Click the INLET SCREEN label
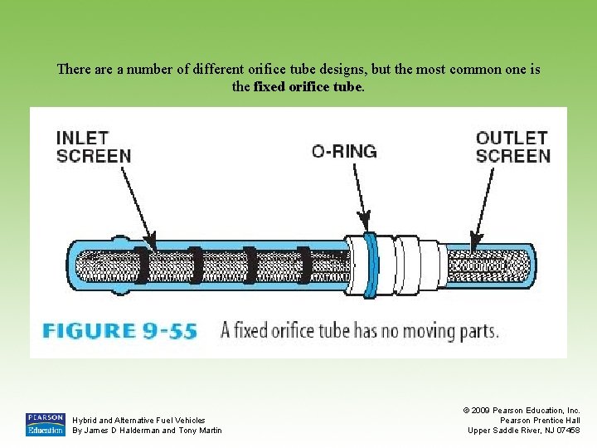point(94,147)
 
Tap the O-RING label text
point(343,151)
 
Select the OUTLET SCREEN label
point(512,147)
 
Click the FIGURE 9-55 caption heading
point(120,331)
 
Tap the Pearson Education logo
point(45,424)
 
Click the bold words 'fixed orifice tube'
point(308,86)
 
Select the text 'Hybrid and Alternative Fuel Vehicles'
point(139,421)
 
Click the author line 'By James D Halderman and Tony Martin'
point(148,430)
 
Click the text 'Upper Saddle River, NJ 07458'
point(524,430)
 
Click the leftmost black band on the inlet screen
point(142,265)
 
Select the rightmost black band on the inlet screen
point(304,265)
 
